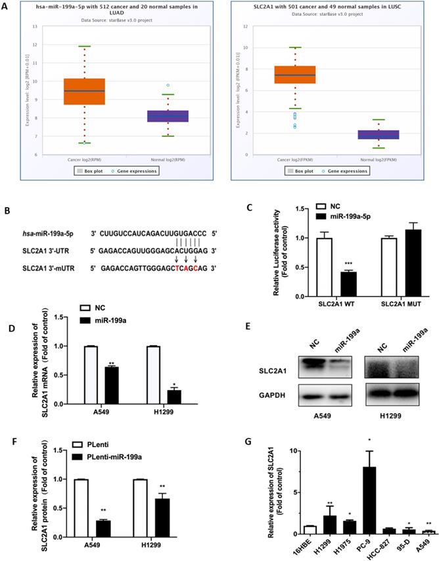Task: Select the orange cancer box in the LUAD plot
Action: click(x=83, y=91)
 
